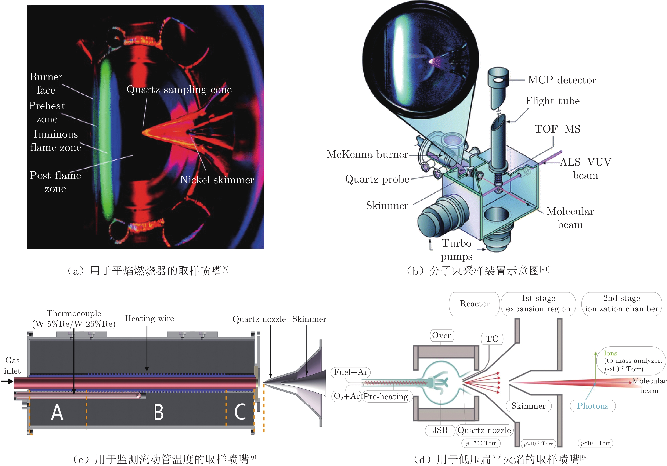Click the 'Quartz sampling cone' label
[179, 90]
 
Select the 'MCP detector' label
[562, 80]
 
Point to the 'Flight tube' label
[552, 101]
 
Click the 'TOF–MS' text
[557, 129]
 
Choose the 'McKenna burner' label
[367, 154]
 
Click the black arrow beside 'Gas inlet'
[7, 381]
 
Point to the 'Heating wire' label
[149, 319]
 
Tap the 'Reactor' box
[475, 304]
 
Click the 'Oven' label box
[442, 336]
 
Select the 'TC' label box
[492, 339]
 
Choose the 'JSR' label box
[440, 430]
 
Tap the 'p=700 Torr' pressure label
[481, 443]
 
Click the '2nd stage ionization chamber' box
[621, 304]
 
